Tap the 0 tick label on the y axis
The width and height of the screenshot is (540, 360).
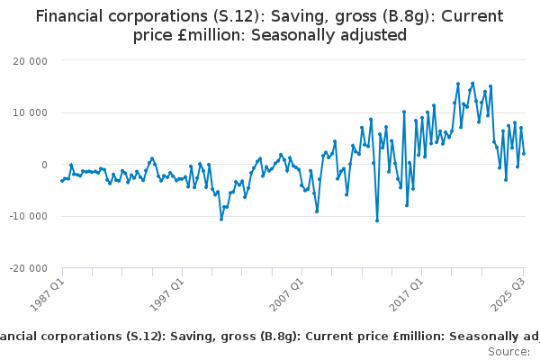click(43, 165)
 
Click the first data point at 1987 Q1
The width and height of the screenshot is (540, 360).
click(61, 181)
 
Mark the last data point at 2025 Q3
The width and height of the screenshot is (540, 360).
click(524, 153)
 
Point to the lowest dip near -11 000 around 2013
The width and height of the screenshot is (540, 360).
click(377, 220)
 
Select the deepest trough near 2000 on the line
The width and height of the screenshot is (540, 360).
click(220, 219)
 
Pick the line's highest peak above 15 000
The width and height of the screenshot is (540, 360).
click(472, 83)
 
